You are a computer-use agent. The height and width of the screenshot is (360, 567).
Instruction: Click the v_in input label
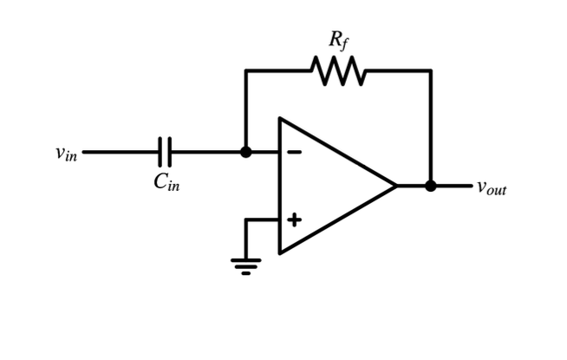(66, 154)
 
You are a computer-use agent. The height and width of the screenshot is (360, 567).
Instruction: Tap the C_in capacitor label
(167, 181)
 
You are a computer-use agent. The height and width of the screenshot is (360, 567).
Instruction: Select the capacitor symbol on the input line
(166, 152)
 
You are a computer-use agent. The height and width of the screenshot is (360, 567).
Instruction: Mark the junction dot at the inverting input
(246, 152)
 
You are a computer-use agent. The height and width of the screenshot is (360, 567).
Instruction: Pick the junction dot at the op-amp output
(431, 186)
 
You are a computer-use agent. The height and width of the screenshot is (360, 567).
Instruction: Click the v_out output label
(491, 187)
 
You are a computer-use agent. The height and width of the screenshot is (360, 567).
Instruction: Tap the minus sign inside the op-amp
(295, 152)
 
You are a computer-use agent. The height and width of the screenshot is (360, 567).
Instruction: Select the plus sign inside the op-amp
(295, 219)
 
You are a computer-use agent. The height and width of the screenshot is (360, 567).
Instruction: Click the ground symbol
(246, 265)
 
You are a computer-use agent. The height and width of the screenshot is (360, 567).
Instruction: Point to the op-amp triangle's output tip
(395, 186)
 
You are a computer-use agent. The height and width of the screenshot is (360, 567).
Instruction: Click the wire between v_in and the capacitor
(121, 152)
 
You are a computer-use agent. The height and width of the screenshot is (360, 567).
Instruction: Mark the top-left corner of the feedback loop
(246, 71)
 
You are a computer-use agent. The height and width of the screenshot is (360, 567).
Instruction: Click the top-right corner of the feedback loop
(431, 71)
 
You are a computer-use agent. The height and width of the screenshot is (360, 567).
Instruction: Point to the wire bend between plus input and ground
(246, 220)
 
